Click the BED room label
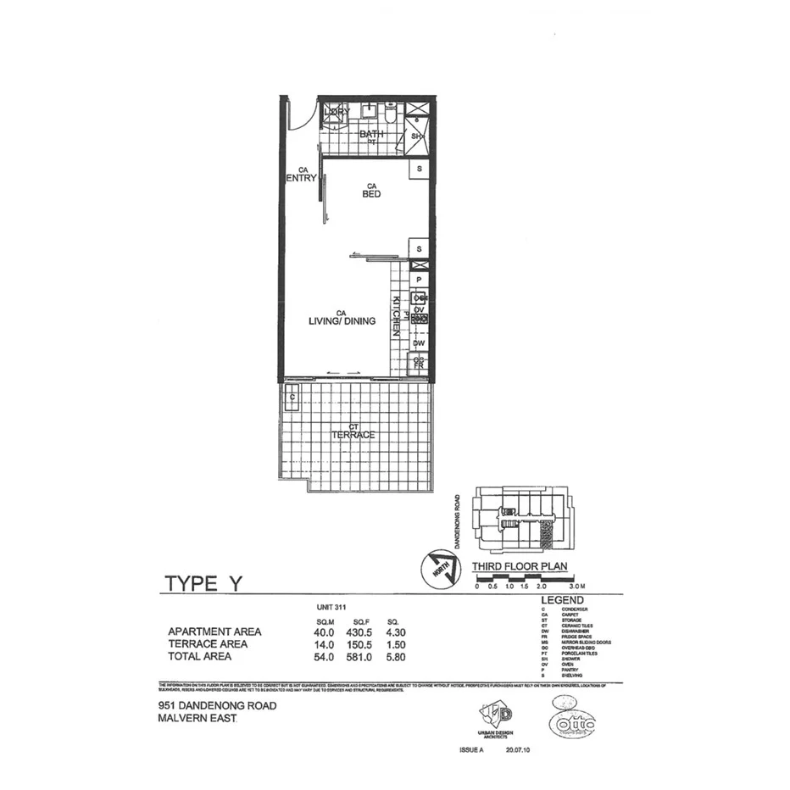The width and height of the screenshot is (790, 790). [x=371, y=194]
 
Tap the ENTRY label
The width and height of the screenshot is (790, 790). [x=302, y=178]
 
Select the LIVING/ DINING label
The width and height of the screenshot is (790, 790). [x=342, y=321]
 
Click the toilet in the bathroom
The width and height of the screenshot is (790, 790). [x=391, y=114]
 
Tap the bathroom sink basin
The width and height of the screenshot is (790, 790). [x=370, y=111]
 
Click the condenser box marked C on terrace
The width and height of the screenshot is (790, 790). [x=292, y=398]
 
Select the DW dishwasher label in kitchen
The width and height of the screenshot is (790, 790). [x=419, y=343]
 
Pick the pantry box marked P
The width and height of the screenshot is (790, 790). [x=419, y=280]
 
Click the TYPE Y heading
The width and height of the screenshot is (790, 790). [x=203, y=584]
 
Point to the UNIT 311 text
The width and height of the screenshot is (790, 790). [x=331, y=609]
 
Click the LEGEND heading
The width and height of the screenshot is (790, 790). [x=562, y=600]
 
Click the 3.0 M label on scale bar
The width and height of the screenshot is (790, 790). [x=578, y=586]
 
